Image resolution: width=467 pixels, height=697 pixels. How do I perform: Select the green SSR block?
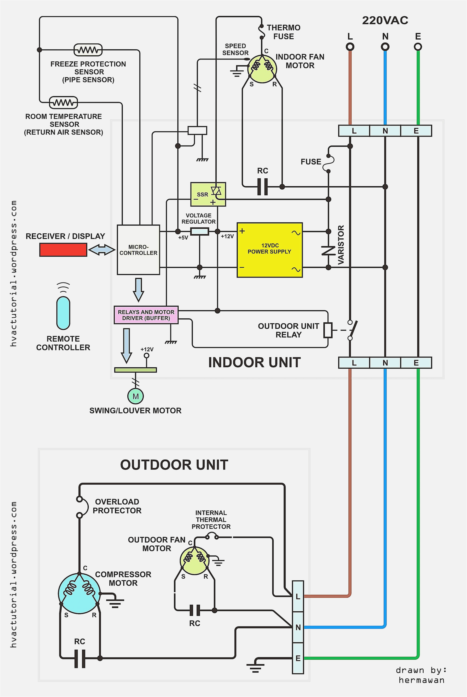(208, 194)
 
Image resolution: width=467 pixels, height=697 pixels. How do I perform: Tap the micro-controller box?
(138, 250)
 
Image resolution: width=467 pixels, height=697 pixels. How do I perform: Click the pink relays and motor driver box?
(146, 315)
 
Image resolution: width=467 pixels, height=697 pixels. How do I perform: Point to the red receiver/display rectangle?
(63, 250)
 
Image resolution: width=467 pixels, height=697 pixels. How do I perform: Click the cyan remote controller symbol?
(63, 313)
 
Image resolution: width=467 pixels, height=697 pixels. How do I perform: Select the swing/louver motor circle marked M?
(136, 396)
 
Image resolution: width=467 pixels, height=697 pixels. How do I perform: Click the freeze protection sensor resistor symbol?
(88, 50)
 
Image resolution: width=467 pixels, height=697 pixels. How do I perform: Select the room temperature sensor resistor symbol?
(63, 103)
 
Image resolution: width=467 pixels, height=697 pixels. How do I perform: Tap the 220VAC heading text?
(385, 20)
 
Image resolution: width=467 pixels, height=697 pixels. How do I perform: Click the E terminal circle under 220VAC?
(418, 47)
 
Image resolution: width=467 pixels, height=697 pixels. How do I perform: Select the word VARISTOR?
(341, 245)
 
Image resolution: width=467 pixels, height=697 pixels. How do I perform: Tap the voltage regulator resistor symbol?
(199, 231)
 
